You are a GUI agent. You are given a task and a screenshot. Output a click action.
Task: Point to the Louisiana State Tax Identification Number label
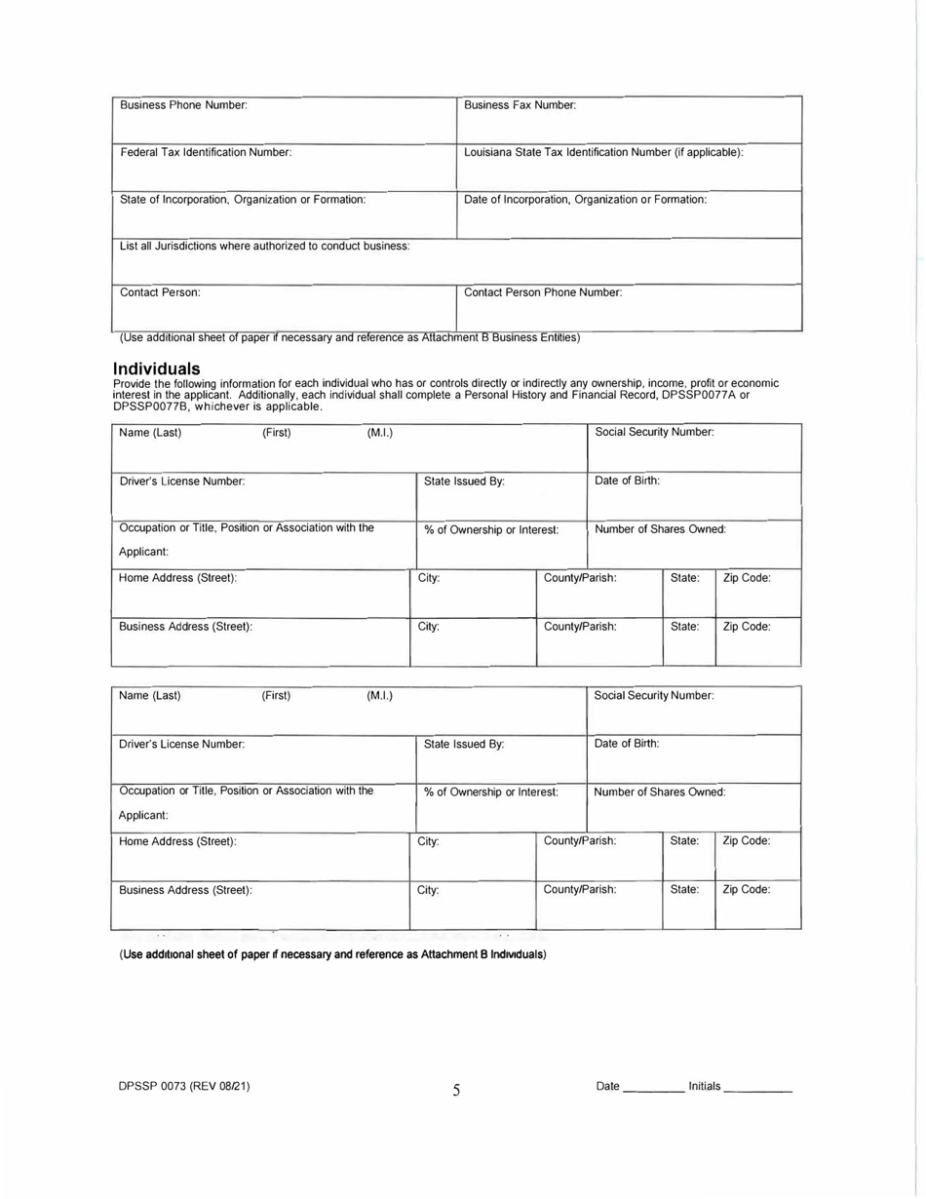[604, 152]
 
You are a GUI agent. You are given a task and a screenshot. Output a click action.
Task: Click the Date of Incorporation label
[585, 199]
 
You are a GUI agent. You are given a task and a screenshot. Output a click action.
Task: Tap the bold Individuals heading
[157, 368]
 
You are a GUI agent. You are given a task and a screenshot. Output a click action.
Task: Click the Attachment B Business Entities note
[350, 338]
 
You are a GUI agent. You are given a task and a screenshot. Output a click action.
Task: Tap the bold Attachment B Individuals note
[332, 953]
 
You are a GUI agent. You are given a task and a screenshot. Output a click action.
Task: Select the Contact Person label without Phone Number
[160, 292]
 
